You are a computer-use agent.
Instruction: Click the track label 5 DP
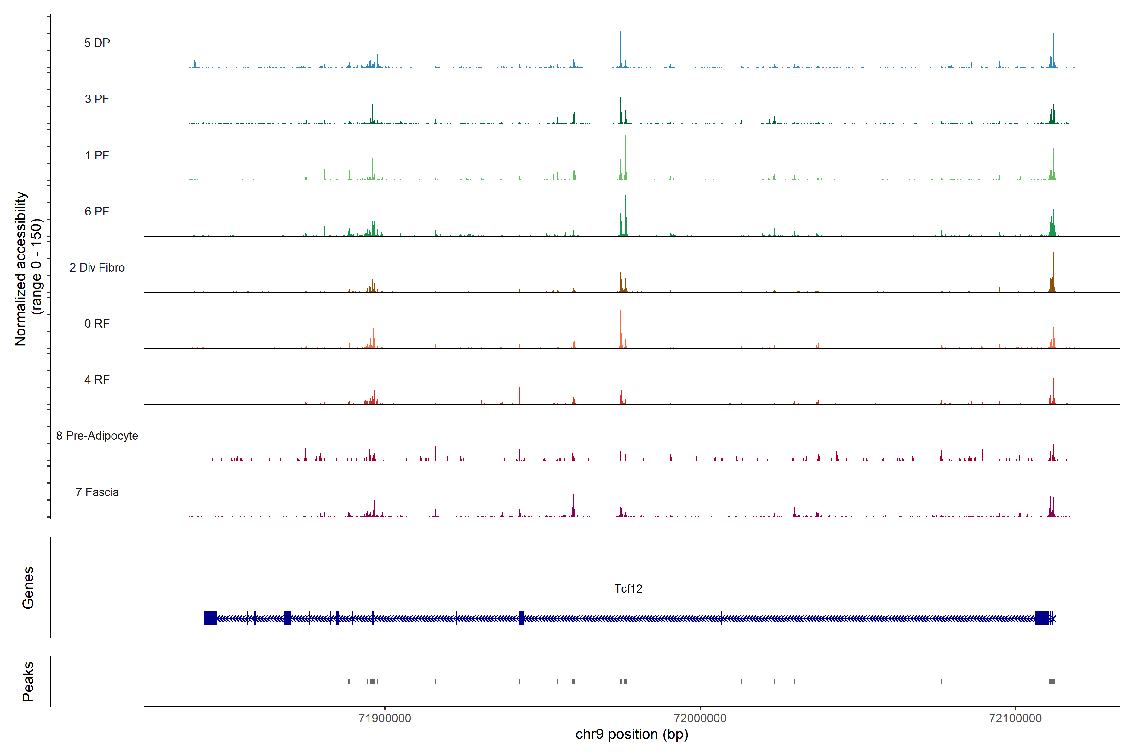tap(97, 43)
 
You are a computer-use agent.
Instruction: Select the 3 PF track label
tap(97, 99)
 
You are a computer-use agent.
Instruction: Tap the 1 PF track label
tap(97, 155)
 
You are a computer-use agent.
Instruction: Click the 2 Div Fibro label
tap(97, 267)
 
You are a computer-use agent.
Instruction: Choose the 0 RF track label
tap(97, 324)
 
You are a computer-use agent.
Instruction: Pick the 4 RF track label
tap(97, 380)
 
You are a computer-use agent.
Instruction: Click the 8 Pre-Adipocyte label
tap(97, 436)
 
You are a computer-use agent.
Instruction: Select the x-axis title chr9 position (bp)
tap(632, 734)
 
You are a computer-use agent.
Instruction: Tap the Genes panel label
tap(28, 588)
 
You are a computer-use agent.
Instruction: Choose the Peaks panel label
tap(28, 681)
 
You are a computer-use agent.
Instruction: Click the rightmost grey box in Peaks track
tap(1051, 682)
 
